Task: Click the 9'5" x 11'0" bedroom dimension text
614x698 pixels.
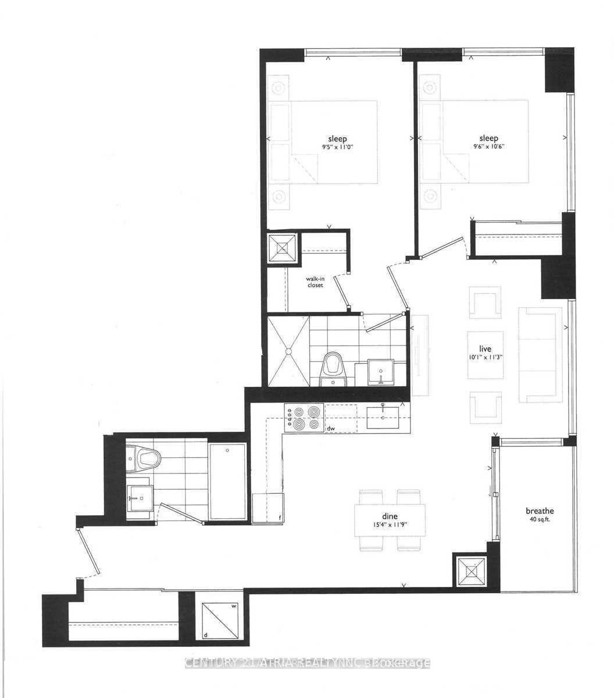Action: [337, 148]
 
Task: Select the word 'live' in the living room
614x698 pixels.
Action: [486, 349]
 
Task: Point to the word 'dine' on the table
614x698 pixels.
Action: [389, 515]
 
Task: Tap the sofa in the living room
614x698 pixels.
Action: [540, 355]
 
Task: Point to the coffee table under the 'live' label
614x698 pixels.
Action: [486, 354]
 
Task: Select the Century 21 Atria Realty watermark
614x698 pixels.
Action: [307, 663]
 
